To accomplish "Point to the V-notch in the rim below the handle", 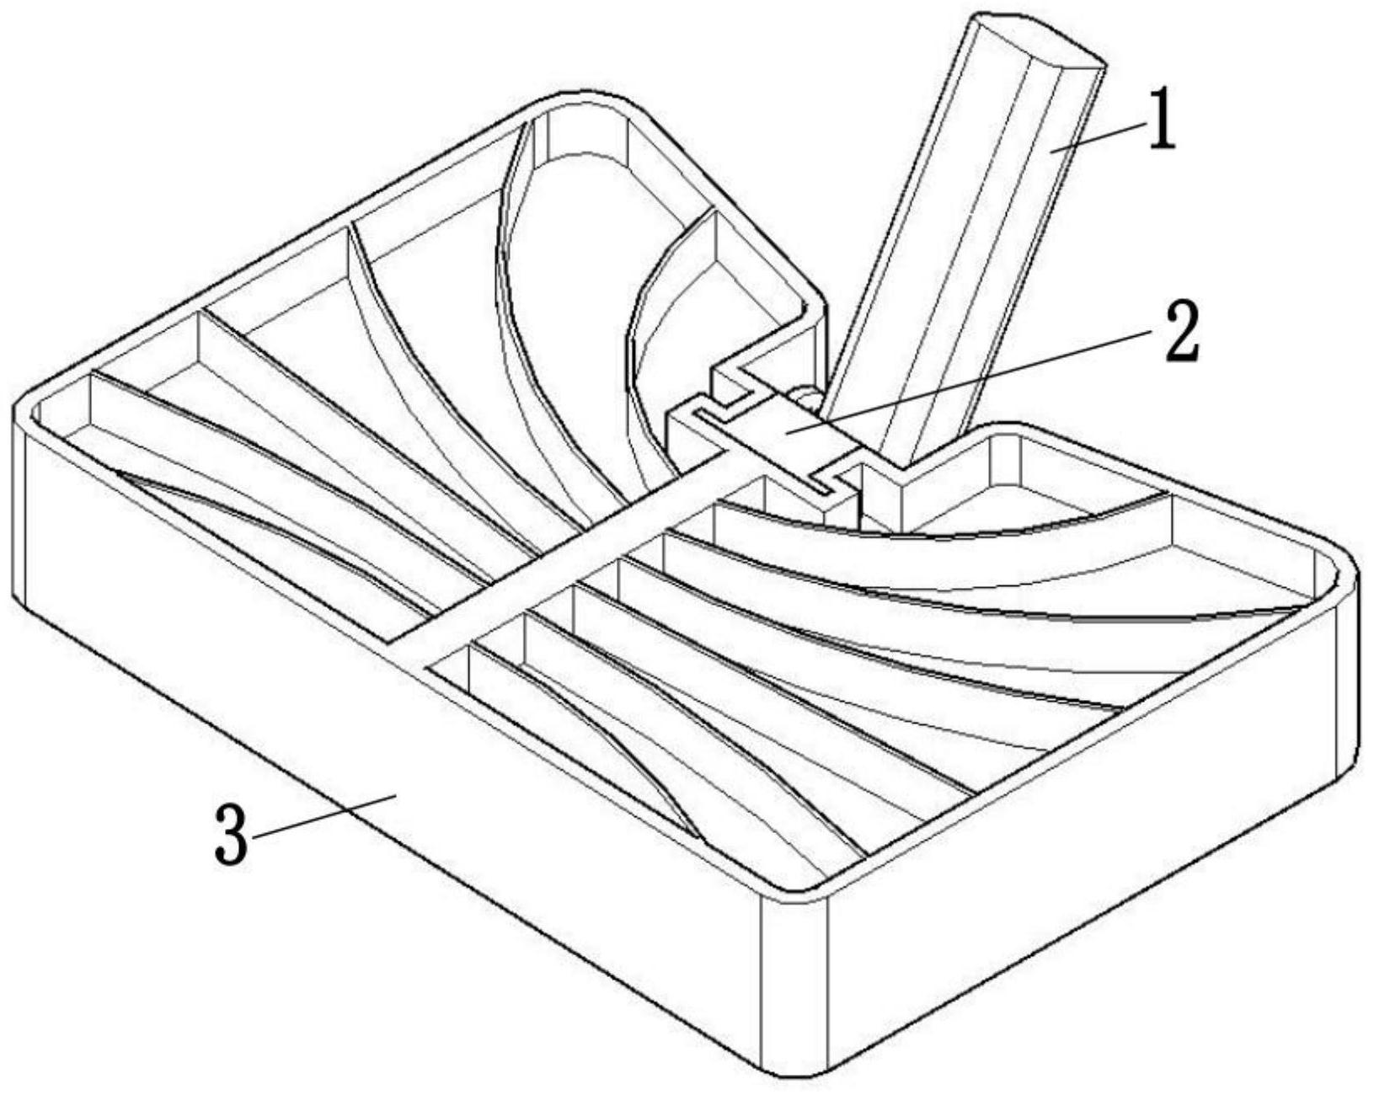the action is point(906,461).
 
